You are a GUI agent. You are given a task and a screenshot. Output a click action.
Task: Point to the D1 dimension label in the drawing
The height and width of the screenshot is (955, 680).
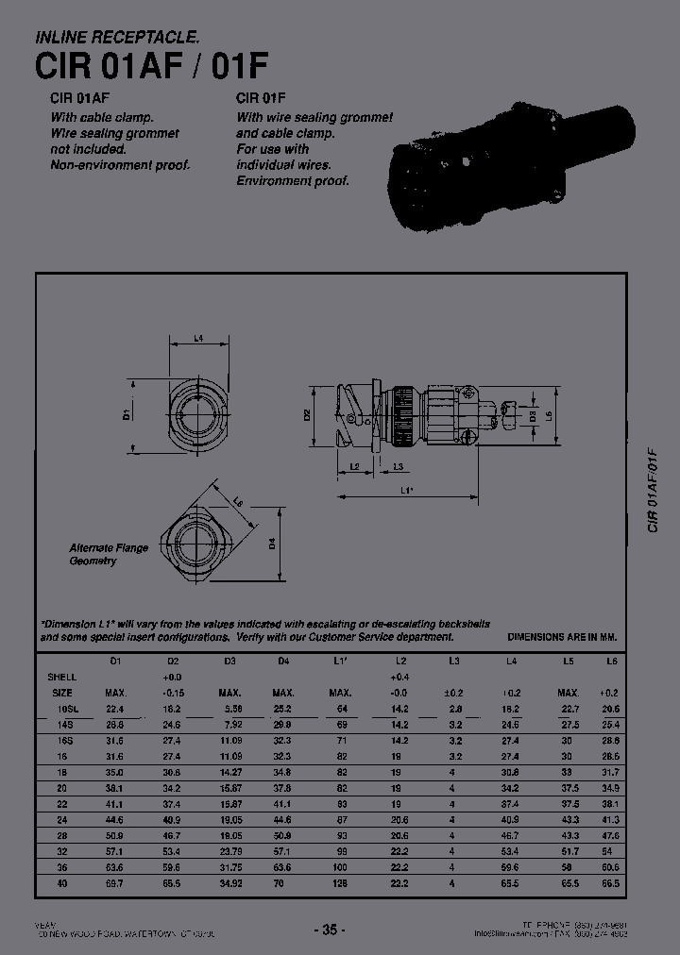coord(126,413)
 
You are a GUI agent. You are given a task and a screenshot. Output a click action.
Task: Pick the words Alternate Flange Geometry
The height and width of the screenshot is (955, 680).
coord(109,554)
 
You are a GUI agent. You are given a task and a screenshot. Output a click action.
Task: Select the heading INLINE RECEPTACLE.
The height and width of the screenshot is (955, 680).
coord(117,38)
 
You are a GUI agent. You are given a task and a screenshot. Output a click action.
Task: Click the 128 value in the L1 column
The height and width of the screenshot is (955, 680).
coord(341,884)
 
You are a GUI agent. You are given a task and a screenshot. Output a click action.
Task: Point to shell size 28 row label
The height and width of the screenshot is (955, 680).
coord(63,836)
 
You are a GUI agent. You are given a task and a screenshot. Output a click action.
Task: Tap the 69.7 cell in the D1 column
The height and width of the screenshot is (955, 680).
coord(116,884)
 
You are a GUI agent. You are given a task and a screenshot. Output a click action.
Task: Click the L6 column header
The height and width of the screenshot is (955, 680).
coord(610,662)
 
